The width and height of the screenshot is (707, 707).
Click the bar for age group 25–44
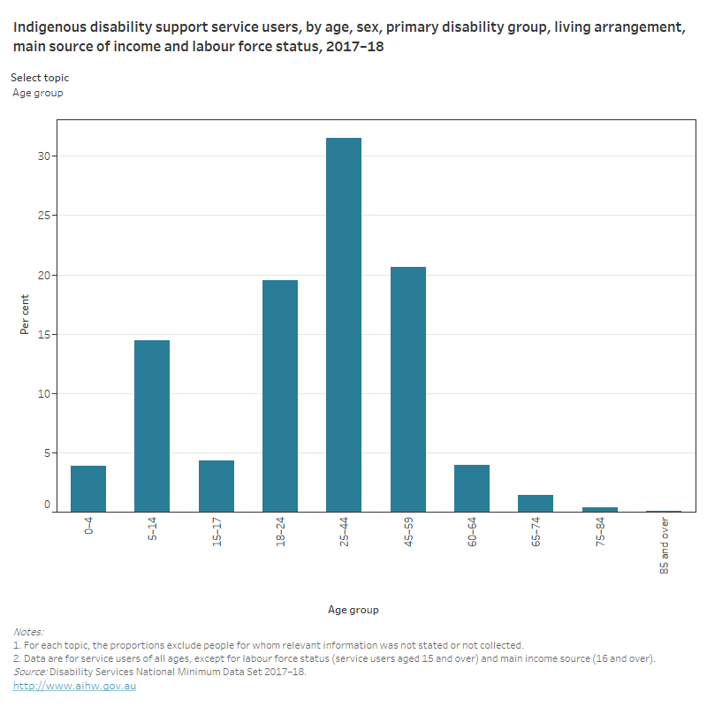[344, 324]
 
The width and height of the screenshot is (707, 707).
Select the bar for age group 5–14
[152, 426]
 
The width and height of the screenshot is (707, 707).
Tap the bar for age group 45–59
[407, 389]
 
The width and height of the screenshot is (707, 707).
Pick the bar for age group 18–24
[280, 396]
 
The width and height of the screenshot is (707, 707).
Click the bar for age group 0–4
[88, 489]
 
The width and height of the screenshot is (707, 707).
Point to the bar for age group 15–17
[216, 486]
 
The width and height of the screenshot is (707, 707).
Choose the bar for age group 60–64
[472, 488]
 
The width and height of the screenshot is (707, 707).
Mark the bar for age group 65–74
[536, 503]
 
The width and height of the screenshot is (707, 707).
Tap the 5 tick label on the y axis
[48, 452]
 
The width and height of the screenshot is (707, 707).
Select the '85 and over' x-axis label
[664, 546]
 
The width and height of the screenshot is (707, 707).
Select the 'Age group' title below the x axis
[353, 610]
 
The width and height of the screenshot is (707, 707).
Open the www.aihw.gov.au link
[74, 686]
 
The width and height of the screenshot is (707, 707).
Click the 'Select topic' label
[40, 78]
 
